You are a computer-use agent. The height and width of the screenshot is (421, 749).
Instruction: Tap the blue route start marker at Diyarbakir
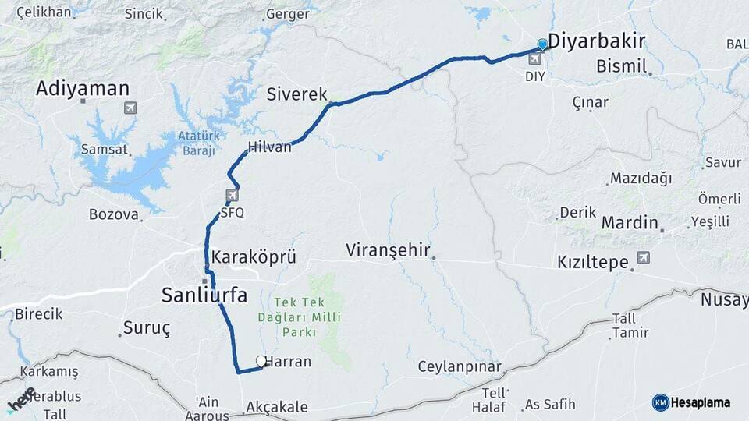(542, 44)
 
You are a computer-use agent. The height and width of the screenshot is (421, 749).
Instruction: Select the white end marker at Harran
(261, 361)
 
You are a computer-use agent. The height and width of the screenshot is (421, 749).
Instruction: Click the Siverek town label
(296, 94)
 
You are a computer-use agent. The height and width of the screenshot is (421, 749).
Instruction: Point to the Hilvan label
(269, 147)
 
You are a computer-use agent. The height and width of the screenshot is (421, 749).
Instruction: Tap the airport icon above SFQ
(232, 195)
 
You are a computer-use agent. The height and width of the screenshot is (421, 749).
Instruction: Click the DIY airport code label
(534, 76)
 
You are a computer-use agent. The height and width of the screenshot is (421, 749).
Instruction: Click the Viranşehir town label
(389, 250)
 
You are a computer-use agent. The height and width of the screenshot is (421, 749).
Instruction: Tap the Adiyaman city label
(82, 89)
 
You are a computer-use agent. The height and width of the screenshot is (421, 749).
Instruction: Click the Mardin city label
(630, 223)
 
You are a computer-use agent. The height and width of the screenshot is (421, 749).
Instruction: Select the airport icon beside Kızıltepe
(643, 257)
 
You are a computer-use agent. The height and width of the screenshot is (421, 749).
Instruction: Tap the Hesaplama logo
(691, 402)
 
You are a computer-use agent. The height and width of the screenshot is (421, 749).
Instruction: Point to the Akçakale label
(276, 407)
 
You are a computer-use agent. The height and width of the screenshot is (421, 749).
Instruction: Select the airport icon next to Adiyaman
(129, 108)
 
